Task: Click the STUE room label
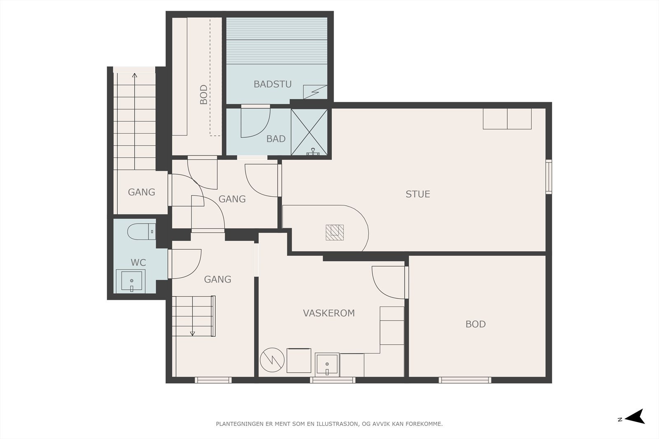pyautogui.click(x=418, y=194)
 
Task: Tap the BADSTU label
pyautogui.click(x=272, y=84)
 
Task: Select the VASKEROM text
pyautogui.click(x=329, y=313)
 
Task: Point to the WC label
pyautogui.click(x=138, y=262)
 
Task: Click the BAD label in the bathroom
pyautogui.click(x=276, y=139)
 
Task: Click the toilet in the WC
pyautogui.click(x=142, y=232)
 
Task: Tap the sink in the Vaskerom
pyautogui.click(x=327, y=365)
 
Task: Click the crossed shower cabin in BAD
pyautogui.click(x=309, y=132)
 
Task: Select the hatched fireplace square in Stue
pyautogui.click(x=335, y=232)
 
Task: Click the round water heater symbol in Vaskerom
pyautogui.click(x=272, y=360)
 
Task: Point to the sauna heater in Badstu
pyautogui.click(x=315, y=92)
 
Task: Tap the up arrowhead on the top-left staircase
pyautogui.click(x=134, y=75)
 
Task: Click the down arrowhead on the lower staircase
pyautogui.click(x=192, y=334)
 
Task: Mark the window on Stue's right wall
pyautogui.click(x=549, y=177)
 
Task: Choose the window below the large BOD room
pyautogui.click(x=465, y=380)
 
